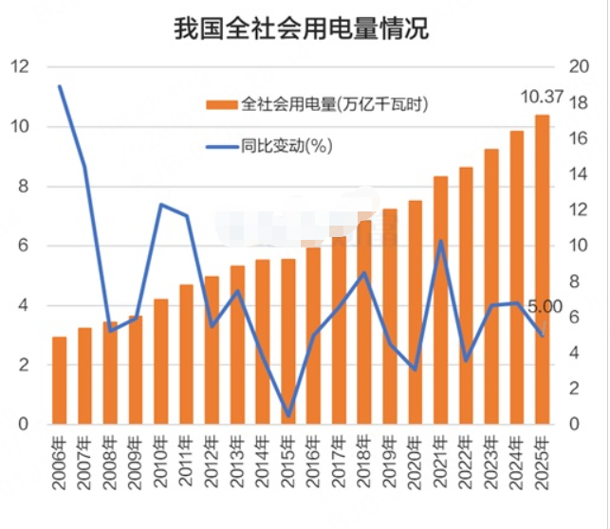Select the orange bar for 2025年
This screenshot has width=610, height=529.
(x=542, y=270)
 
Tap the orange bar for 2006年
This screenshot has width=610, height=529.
(x=59, y=380)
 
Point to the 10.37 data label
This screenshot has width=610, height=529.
(x=543, y=97)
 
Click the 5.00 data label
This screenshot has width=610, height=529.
(x=545, y=307)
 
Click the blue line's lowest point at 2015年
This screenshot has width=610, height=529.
(x=288, y=414)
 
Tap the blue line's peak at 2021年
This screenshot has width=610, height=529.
(x=440, y=241)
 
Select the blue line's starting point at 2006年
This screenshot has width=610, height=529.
(x=59, y=86)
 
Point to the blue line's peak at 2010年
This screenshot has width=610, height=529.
(x=161, y=205)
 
